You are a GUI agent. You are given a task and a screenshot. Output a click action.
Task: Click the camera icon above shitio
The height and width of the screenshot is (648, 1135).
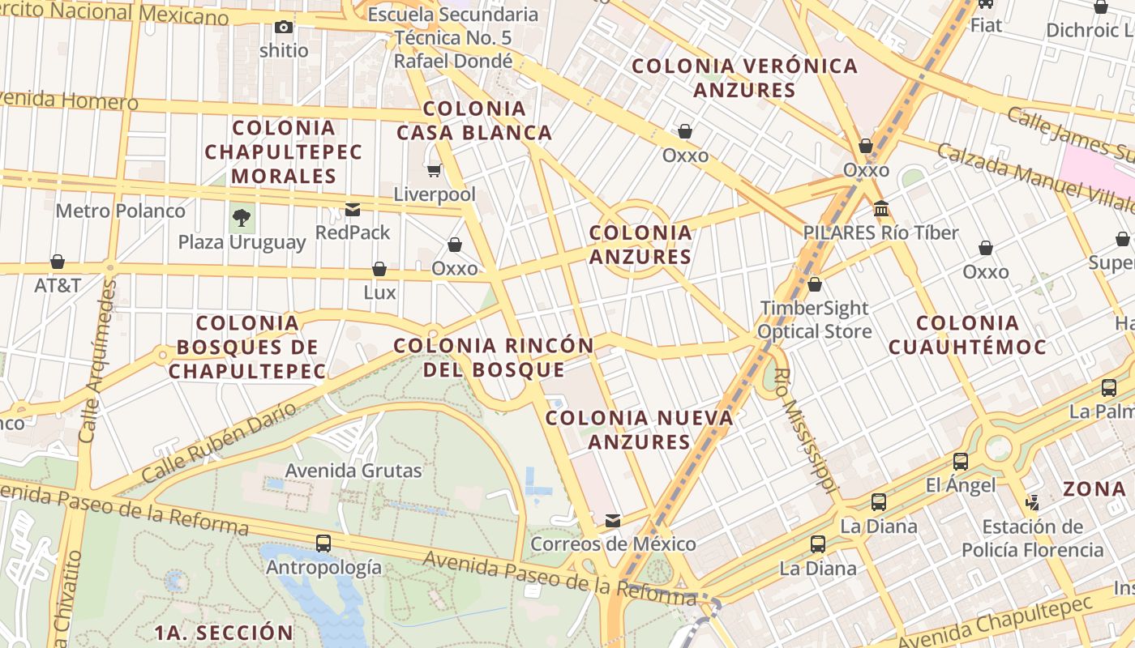point(283,28)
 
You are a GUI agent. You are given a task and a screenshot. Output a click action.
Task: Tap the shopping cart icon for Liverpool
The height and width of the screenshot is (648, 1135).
point(434,170)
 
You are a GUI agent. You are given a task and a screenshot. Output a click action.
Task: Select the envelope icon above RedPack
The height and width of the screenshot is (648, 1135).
point(353,210)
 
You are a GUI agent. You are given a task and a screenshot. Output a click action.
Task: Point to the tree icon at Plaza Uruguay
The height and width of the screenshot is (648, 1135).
point(241,217)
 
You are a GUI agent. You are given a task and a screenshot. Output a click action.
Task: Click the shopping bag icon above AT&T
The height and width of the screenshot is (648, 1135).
point(58,262)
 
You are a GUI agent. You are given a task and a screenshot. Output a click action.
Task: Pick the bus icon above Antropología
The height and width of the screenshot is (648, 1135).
point(323,544)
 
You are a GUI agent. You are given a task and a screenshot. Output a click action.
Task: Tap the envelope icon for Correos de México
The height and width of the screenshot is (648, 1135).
point(613,520)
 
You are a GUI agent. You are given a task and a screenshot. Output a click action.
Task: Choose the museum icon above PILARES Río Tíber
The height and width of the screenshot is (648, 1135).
point(880,209)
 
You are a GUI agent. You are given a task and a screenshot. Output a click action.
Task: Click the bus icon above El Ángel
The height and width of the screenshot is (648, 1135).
point(961,462)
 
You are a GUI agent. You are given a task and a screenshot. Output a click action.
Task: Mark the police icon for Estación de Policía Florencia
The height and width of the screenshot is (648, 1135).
point(1032,502)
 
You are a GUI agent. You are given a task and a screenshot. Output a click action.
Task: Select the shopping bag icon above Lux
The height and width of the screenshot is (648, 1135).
point(379,269)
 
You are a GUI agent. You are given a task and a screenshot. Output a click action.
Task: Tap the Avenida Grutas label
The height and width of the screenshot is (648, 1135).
point(353,471)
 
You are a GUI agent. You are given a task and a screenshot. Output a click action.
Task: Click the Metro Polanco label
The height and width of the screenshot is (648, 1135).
point(121,211)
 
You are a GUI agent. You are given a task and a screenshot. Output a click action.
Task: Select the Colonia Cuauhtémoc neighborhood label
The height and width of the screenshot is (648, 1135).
point(967,335)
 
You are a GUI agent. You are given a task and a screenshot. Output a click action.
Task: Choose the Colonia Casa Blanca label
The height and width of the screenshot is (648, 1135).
point(474,121)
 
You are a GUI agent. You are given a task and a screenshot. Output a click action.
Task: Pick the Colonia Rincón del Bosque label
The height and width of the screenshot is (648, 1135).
point(494,357)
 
